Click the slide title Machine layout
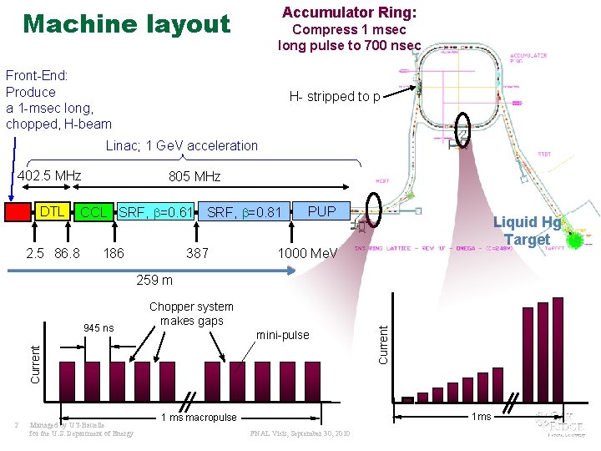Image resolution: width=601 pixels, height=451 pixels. point(127,23)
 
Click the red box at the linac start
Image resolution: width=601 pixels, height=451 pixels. point(17,212)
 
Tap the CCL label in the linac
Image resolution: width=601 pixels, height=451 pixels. point(93,213)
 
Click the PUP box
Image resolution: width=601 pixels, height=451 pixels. point(321,211)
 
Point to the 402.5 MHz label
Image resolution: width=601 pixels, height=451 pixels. point(49,175)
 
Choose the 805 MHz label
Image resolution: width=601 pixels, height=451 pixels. point(194,176)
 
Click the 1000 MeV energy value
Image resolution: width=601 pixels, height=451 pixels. point(307,253)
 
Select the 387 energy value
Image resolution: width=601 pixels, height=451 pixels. point(198,252)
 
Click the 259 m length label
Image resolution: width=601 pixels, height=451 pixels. point(154,280)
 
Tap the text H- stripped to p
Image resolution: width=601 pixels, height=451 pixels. point(334,96)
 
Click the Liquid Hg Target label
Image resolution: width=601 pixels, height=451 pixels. point(527,231)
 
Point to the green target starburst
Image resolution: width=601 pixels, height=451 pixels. point(575,241)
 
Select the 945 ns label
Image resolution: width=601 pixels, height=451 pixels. point(99,327)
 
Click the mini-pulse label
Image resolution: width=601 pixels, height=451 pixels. point(282,335)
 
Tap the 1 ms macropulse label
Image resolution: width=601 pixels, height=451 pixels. point(198,417)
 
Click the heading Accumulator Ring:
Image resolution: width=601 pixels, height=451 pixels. point(350,13)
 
